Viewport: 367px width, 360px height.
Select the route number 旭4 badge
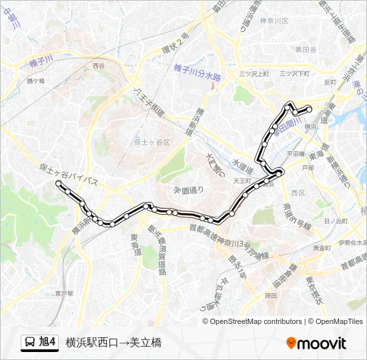48,343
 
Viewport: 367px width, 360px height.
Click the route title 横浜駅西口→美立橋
113,343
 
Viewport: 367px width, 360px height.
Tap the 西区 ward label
298,193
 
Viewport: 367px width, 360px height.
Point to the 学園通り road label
189,190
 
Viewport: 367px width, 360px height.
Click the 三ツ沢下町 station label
293,73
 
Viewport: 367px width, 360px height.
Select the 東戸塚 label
64,293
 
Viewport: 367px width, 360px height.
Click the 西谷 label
99,66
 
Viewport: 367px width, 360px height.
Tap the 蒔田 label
270,295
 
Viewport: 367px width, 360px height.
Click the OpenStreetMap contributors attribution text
256,321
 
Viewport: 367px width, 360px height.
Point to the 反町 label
329,83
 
